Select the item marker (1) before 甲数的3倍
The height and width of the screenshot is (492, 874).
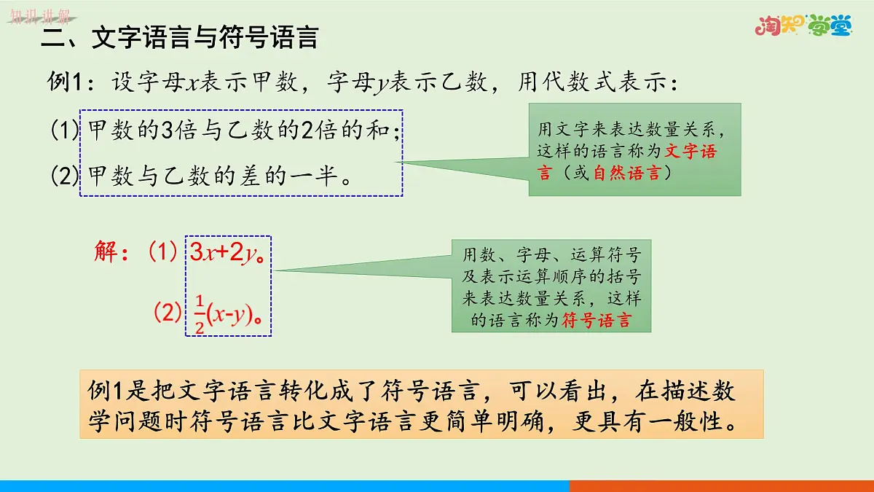click(64, 131)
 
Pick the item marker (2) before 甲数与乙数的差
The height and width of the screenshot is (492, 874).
click(64, 176)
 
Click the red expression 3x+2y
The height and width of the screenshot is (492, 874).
click(225, 254)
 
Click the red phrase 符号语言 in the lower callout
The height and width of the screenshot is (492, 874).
click(597, 321)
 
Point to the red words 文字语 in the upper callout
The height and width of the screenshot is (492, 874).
click(693, 152)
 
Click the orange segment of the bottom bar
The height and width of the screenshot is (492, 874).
click(721, 486)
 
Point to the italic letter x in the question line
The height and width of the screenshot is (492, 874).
click(192, 83)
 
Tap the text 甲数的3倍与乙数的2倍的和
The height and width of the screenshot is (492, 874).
click(240, 131)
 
